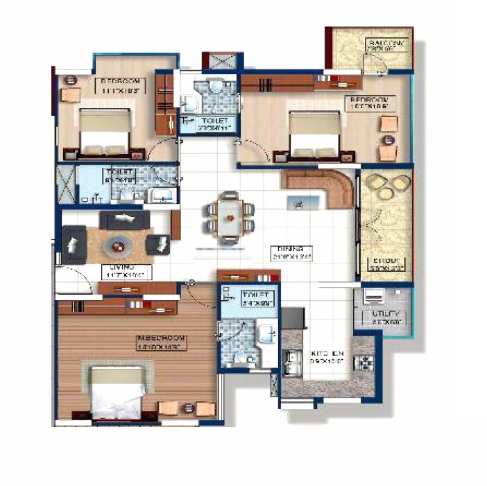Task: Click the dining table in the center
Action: click(230, 217)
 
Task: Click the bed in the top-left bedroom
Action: click(104, 132)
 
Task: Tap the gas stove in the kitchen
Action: click(364, 361)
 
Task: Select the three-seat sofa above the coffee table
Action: click(125, 220)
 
